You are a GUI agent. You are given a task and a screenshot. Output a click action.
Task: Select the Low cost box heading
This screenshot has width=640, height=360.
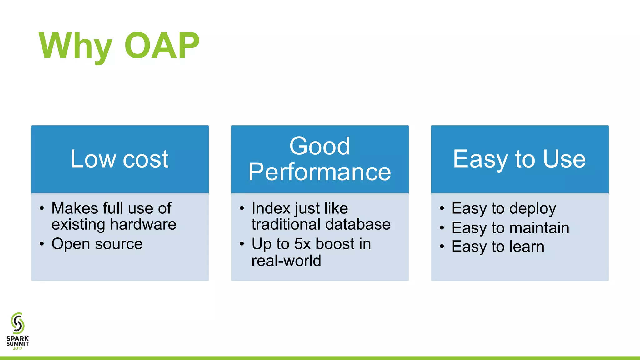pos(119,159)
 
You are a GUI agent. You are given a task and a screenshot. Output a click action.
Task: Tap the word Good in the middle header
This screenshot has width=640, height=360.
pos(319,146)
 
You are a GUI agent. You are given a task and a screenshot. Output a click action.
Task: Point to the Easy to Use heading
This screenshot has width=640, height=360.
pos(519,159)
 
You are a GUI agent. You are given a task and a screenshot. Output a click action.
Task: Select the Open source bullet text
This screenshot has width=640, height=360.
pos(97,244)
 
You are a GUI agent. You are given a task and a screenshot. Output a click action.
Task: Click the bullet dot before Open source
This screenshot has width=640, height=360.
pos(42,244)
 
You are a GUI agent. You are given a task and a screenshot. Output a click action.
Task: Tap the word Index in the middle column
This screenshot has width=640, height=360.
pos(271,208)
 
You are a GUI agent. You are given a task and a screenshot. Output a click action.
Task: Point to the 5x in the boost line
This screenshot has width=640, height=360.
pos(302,244)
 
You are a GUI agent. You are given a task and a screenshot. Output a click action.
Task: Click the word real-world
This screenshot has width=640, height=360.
pos(286,261)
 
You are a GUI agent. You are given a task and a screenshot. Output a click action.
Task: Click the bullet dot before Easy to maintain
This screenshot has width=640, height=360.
pos(442,228)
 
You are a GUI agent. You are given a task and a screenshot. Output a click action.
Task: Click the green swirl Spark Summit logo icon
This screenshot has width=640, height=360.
pos(17,323)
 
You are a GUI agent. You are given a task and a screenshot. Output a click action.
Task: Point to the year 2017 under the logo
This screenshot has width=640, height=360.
pos(17,348)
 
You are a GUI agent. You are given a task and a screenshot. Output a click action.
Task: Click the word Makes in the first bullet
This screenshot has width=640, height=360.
pos(75,208)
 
